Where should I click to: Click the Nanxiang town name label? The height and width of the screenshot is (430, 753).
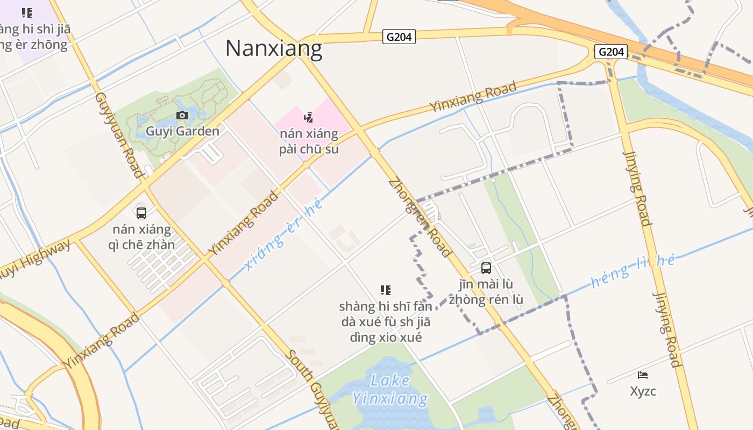pyautogui.click(x=274, y=48)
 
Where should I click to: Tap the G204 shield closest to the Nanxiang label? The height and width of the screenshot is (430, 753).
pyautogui.click(x=399, y=37)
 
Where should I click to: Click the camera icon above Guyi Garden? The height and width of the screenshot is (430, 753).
pyautogui.click(x=182, y=115)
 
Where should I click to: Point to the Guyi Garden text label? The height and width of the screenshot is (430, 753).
pyautogui.click(x=182, y=131)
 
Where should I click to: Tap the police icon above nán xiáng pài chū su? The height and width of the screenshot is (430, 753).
pyautogui.click(x=308, y=117)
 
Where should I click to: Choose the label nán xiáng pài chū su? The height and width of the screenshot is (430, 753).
pyautogui.click(x=309, y=141)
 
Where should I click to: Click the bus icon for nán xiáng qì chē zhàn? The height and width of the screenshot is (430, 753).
pyautogui.click(x=141, y=213)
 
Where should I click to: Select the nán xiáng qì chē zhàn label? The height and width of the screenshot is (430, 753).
pyautogui.click(x=142, y=237)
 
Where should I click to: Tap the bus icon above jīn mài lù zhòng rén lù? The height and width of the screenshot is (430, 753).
pyautogui.click(x=486, y=268)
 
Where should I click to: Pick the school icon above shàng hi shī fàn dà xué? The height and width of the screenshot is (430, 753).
pyautogui.click(x=385, y=290)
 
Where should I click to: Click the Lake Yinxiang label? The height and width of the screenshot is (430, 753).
pyautogui.click(x=390, y=390)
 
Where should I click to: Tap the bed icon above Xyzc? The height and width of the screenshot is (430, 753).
pyautogui.click(x=643, y=375)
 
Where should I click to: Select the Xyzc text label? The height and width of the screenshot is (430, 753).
pyautogui.click(x=643, y=391)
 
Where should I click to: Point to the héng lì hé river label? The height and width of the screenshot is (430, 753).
pyautogui.click(x=633, y=271)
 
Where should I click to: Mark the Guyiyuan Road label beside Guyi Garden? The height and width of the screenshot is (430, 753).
pyautogui.click(x=119, y=134)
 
